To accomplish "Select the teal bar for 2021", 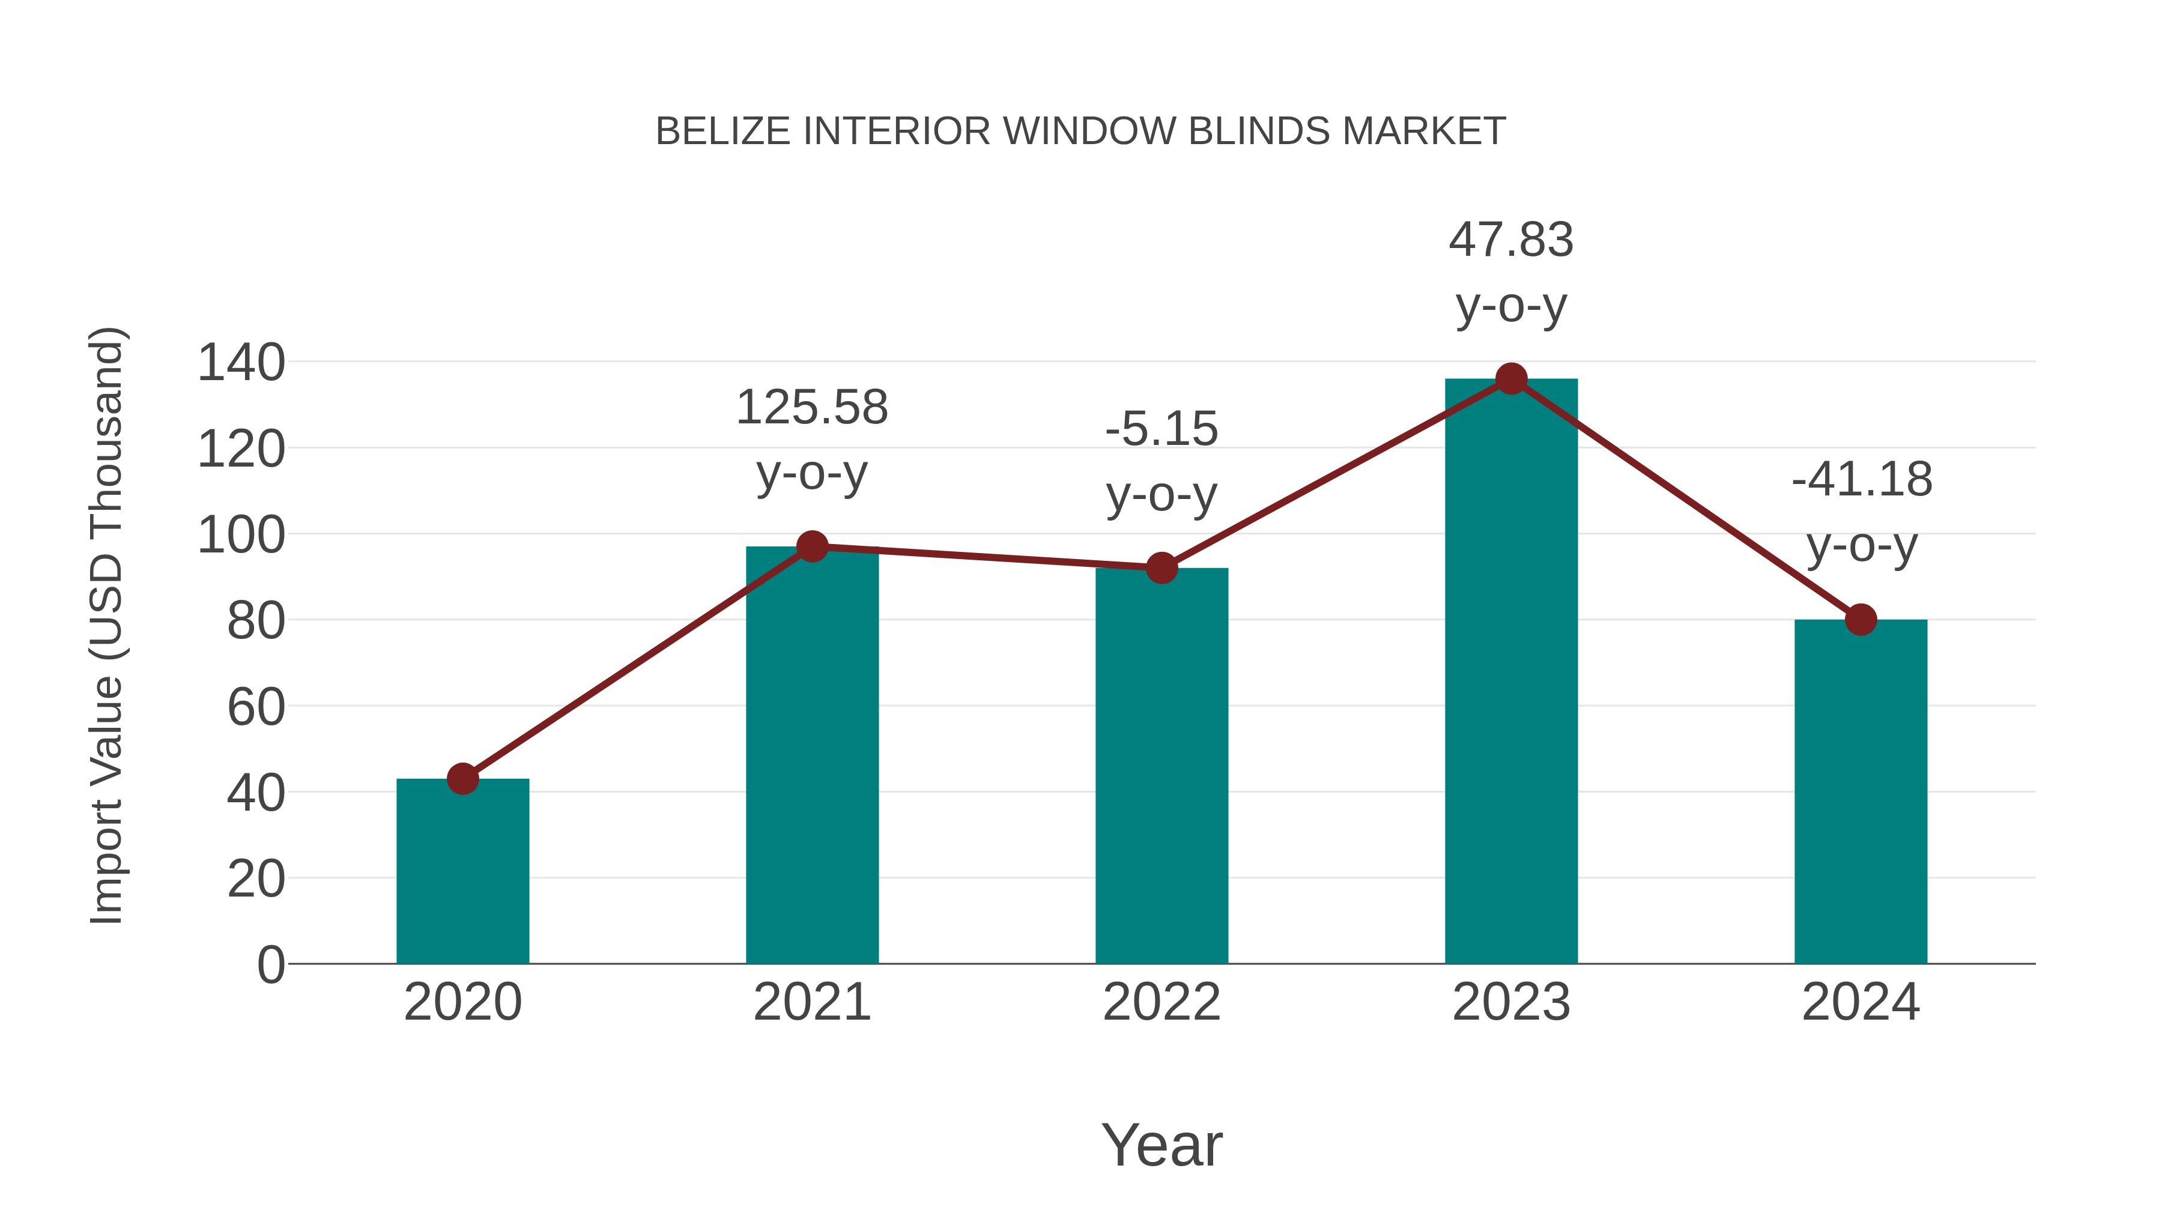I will pos(811,755).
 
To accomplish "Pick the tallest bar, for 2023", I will pos(1511,671).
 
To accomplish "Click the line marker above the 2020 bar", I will pos(462,779).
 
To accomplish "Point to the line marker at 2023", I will pos(1511,380).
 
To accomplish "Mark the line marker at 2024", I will pos(1861,620).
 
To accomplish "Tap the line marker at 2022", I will pos(1161,568).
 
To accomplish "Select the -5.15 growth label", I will pos(1161,430).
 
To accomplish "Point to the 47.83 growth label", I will pos(1511,241).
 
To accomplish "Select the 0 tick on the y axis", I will pos(270,965).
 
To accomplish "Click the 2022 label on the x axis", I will pos(1161,1003).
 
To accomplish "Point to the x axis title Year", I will pos(1161,1146).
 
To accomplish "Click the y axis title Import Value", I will pos(107,625).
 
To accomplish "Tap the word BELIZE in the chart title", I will pos(722,132).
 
